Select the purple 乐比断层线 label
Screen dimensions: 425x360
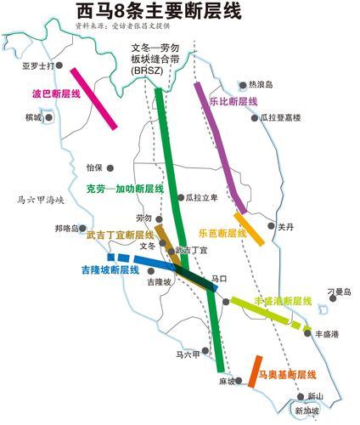pos(233,101)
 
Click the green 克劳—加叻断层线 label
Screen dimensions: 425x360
pos(125,189)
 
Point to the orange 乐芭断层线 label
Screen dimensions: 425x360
pos(222,233)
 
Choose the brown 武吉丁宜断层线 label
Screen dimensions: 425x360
pos(120,234)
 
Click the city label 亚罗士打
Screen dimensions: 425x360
pos(38,65)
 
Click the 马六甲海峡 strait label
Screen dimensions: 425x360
pos(41,201)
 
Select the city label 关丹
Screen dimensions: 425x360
pos(285,226)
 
